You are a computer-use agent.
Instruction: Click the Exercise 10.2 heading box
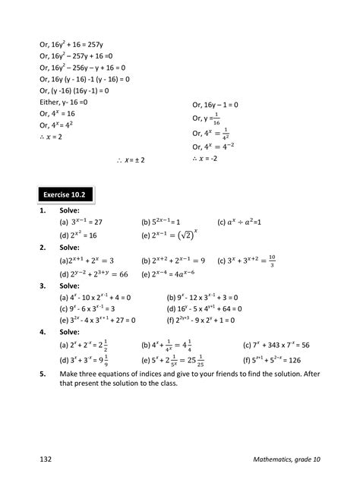tap(64, 194)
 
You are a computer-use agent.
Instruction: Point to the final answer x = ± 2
tap(131, 161)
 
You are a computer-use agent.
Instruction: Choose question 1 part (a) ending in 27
tap(86, 223)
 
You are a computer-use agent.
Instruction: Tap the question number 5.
tap(42, 374)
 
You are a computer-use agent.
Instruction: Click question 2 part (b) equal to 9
tap(173, 261)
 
